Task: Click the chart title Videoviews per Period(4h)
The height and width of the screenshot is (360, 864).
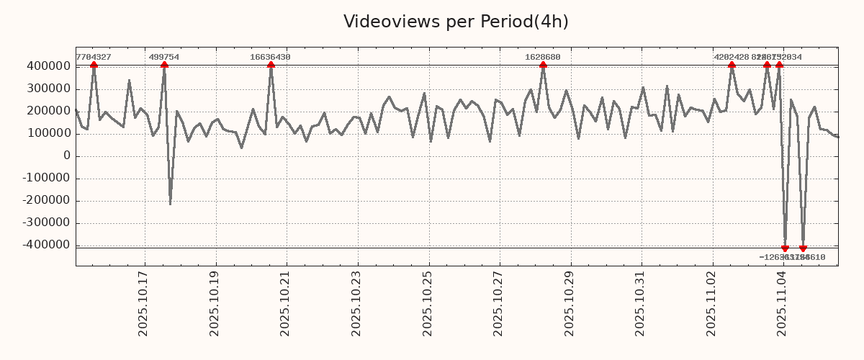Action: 456,22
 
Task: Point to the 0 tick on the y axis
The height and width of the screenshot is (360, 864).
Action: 66,156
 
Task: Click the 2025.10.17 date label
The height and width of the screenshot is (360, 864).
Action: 143,303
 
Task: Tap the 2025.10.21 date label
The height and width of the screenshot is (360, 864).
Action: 284,303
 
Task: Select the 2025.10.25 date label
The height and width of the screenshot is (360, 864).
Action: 427,303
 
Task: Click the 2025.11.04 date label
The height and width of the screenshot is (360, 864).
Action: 782,303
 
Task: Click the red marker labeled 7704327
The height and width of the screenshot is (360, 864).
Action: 94,66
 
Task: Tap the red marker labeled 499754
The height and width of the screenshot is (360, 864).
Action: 164,66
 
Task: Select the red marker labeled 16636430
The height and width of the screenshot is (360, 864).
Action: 271,66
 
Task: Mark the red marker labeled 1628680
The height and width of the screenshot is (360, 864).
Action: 543,66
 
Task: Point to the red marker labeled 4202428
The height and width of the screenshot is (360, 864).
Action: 732,66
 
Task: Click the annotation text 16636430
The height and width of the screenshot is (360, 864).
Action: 271,57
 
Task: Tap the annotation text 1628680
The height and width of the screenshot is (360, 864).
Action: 543,57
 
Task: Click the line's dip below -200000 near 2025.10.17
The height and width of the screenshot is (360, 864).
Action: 171,204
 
